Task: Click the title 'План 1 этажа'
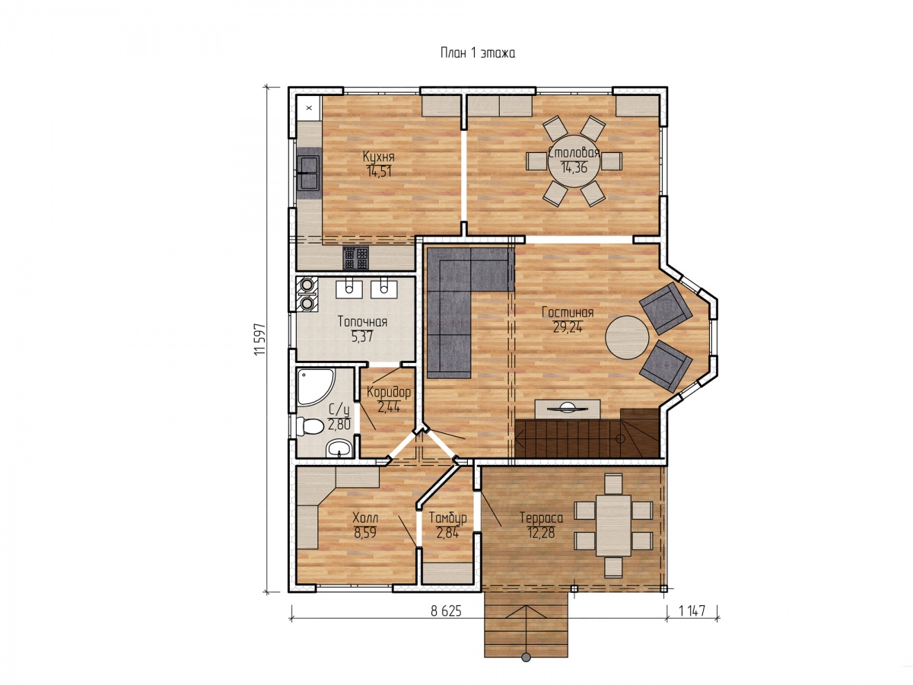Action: click(478, 53)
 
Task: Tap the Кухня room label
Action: click(378, 157)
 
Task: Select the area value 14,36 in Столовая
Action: click(574, 167)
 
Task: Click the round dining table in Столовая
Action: click(574, 161)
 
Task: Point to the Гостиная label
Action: click(568, 312)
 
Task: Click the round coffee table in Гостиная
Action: click(626, 337)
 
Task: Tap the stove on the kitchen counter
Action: click(355, 258)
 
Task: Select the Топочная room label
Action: click(362, 321)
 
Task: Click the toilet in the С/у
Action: click(310, 427)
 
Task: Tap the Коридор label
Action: click(389, 392)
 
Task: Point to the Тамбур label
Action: click(447, 518)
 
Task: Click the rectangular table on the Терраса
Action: click(613, 525)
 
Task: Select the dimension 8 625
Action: click(447, 611)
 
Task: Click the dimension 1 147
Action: click(692, 611)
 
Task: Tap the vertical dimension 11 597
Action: click(260, 339)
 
